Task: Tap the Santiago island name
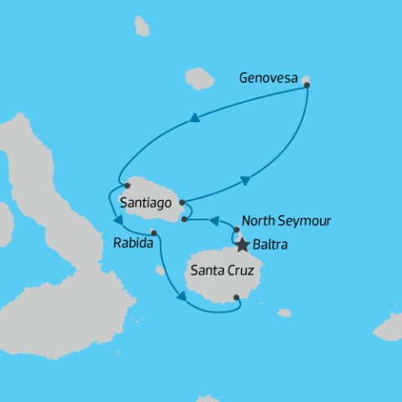click(x=147, y=203)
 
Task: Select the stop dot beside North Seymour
click(x=237, y=229)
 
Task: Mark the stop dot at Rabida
click(x=154, y=233)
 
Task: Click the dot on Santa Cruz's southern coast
click(x=237, y=296)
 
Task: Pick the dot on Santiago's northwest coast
click(x=126, y=185)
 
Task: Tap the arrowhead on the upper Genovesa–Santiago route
click(x=194, y=118)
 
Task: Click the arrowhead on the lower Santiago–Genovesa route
click(x=245, y=179)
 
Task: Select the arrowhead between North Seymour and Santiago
click(x=214, y=221)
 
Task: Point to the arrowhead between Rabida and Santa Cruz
click(x=178, y=294)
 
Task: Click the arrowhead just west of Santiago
click(x=118, y=220)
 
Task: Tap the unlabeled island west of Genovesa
click(x=198, y=78)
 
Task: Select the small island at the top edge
click(x=142, y=27)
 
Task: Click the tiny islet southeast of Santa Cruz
click(x=285, y=313)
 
